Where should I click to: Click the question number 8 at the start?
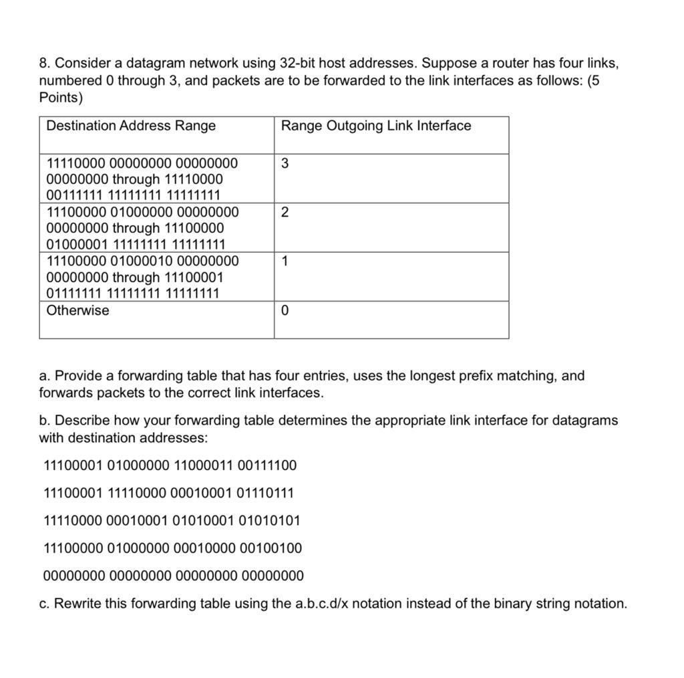(x=43, y=64)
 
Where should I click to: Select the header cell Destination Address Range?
(x=131, y=126)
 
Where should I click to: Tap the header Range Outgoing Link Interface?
(x=376, y=126)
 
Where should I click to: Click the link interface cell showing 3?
(x=285, y=164)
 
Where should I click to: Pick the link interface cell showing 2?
(x=285, y=213)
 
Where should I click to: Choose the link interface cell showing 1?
(x=285, y=261)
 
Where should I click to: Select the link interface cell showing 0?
(x=285, y=311)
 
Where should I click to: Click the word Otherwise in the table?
(x=77, y=310)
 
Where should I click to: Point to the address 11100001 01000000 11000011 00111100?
(x=170, y=465)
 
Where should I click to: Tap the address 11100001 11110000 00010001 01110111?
(x=168, y=493)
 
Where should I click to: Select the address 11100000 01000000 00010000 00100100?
(x=172, y=548)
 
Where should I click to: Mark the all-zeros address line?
(x=173, y=576)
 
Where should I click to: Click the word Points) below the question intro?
(x=61, y=98)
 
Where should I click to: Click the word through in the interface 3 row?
(x=136, y=180)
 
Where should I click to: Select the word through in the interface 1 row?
(x=136, y=277)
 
